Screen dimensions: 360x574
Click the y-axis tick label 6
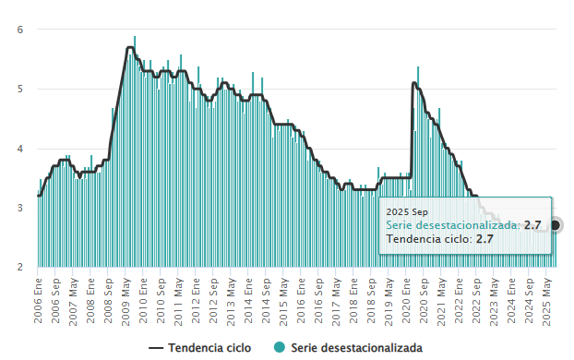coord(20,30)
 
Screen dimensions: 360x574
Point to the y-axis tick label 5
coord(20,90)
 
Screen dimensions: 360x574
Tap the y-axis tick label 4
coord(20,149)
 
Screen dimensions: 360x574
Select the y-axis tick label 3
coord(20,209)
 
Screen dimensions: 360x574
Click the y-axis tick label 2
coord(20,268)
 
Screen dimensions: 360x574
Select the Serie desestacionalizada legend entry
coord(356,348)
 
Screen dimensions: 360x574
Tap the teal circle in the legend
coord(280,348)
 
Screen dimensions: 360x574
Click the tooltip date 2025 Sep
coord(408,212)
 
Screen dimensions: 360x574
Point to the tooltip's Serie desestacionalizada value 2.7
coord(532,225)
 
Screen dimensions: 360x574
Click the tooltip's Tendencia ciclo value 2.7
coord(485,239)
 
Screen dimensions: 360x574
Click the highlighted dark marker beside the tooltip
coord(556,225)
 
